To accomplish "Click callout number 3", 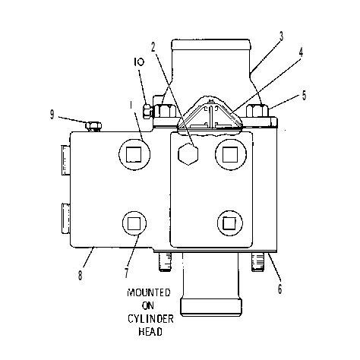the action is pyautogui.click(x=281, y=36).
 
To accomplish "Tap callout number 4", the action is pyautogui.click(x=301, y=52).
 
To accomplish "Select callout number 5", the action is pyautogui.click(x=304, y=96).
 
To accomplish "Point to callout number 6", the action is pyautogui.click(x=279, y=289).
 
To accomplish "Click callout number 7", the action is pyautogui.click(x=127, y=273).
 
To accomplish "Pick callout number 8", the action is pyautogui.click(x=81, y=275).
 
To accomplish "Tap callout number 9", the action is pyautogui.click(x=52, y=115).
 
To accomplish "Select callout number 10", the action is pyautogui.click(x=139, y=62).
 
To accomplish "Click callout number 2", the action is pyautogui.click(x=153, y=47).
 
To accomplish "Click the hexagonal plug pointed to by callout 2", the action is pyautogui.click(x=188, y=153).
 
